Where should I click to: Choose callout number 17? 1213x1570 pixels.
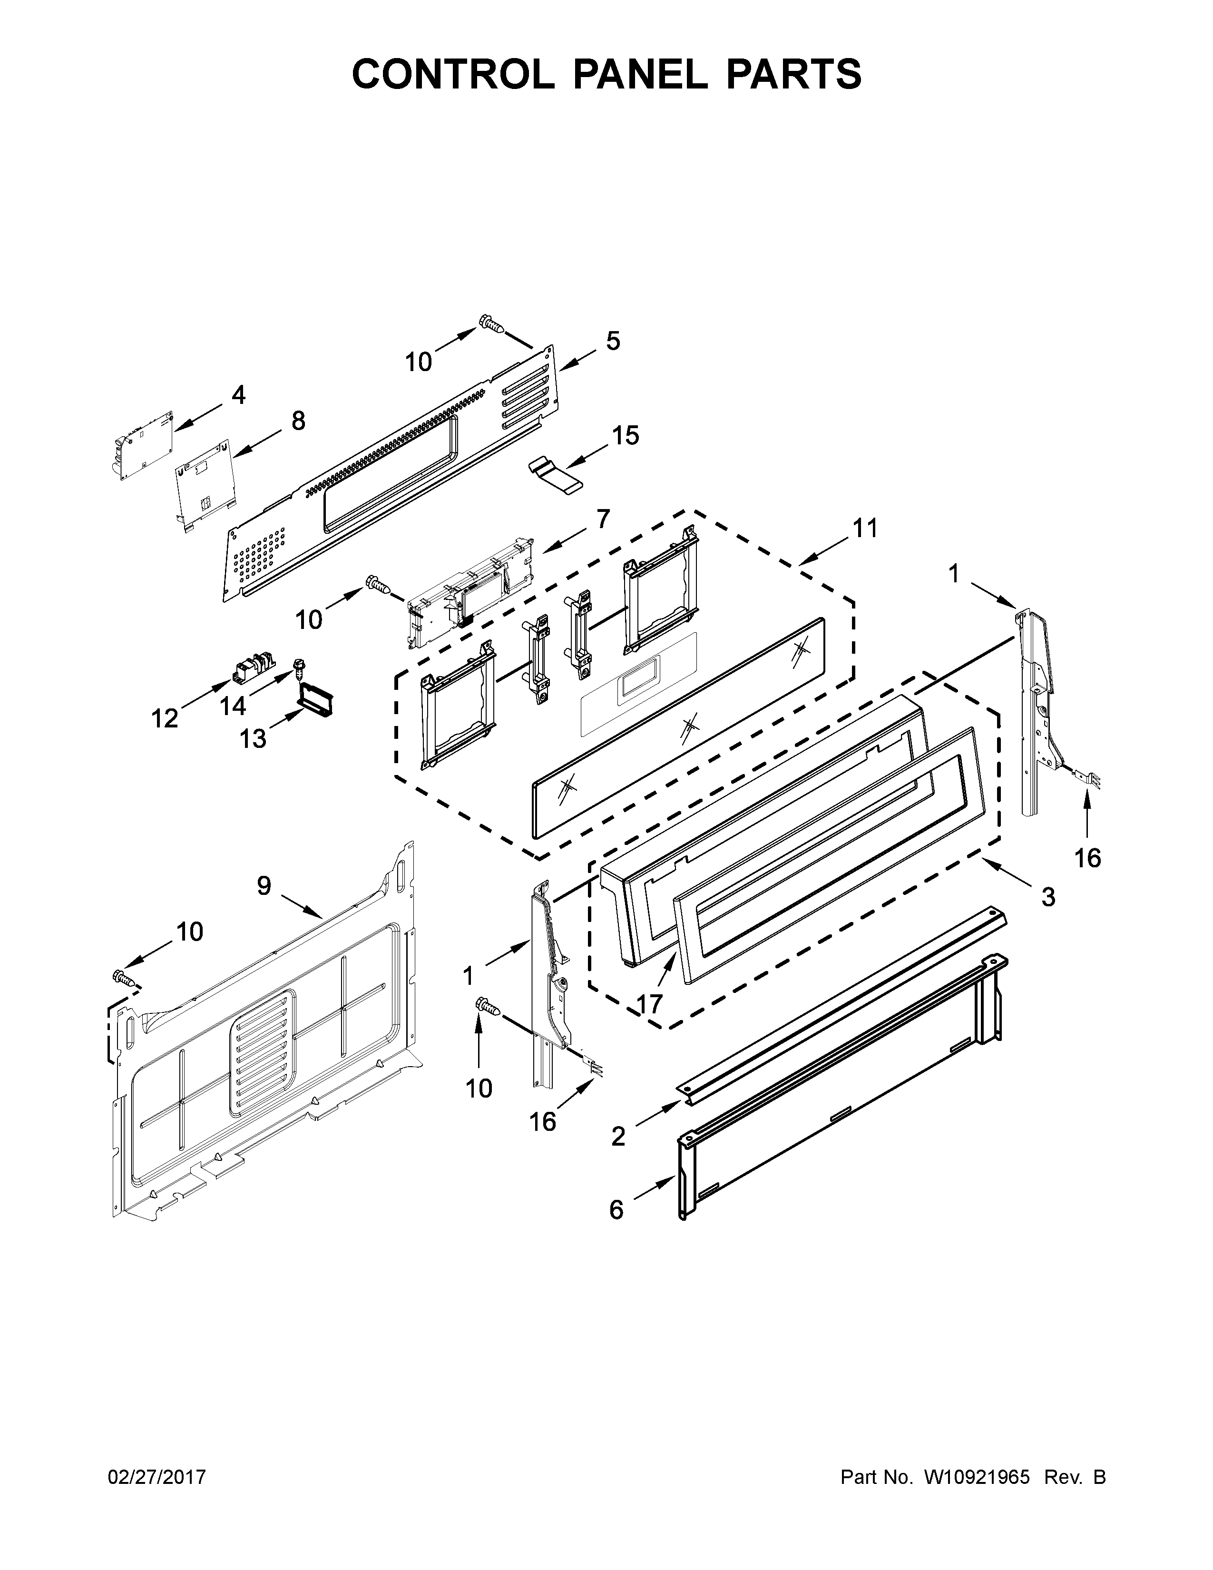tap(649, 1003)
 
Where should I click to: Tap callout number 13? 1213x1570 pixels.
tap(253, 737)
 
